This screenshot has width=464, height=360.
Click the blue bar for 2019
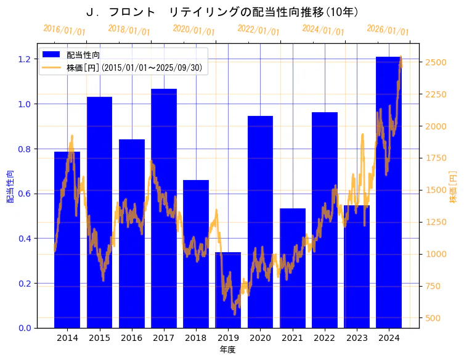(228, 290)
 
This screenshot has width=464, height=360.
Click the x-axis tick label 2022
(325, 338)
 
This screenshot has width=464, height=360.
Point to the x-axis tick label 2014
(67, 338)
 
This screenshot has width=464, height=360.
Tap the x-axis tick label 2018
(196, 338)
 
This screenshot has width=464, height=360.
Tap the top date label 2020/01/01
(194, 30)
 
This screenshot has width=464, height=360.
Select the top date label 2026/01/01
(388, 30)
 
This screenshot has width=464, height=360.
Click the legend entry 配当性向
(83, 55)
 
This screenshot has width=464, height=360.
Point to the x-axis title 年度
(227, 350)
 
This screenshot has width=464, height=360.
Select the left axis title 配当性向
(10, 187)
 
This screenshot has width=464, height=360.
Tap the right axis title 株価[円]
(453, 187)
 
